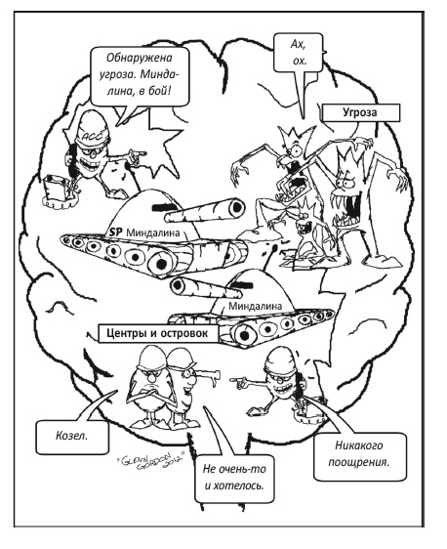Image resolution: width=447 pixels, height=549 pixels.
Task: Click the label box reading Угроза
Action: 360,112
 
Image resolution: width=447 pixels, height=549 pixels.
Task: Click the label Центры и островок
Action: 157,333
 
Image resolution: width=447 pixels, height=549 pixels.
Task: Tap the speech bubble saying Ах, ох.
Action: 298,53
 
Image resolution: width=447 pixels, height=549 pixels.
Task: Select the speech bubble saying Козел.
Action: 71,437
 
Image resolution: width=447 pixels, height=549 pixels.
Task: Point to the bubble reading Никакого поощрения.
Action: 359,454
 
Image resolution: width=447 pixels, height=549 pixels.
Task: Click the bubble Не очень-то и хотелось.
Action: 234,478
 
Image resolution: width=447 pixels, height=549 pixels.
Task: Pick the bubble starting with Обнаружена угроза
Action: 140,76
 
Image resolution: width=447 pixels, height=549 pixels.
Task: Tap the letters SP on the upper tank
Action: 116,232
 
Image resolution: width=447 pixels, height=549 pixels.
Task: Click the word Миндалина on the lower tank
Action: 255,306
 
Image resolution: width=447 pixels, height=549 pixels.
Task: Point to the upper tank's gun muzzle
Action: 236,207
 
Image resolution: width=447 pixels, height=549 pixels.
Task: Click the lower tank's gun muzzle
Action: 178,287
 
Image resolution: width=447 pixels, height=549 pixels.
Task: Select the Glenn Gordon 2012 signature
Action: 149,462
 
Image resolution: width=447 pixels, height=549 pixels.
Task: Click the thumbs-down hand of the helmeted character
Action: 213,378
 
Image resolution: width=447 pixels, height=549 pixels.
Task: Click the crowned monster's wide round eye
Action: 295,149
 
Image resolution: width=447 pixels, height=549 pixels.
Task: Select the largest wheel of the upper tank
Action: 160,263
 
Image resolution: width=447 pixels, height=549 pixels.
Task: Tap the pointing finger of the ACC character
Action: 139,153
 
